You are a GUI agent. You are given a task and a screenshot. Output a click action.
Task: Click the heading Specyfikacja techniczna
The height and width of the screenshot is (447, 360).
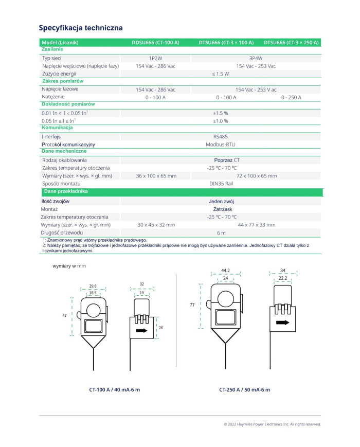[x=81, y=27]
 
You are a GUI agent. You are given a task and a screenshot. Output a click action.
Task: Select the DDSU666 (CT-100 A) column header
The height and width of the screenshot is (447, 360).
[x=155, y=42]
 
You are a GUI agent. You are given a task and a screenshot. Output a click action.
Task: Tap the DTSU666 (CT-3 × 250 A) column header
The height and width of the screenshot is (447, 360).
[x=291, y=42]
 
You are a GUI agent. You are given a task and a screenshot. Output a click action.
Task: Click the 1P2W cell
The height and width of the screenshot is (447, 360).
[x=155, y=58]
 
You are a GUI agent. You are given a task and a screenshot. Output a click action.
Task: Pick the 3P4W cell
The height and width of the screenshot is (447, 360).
[x=256, y=58]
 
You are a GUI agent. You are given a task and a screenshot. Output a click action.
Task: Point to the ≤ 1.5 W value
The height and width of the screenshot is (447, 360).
[x=221, y=74]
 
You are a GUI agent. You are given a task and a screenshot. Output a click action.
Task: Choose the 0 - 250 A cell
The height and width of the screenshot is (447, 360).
[x=291, y=97]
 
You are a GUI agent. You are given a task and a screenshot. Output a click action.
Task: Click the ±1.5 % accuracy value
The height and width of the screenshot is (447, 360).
[x=221, y=113]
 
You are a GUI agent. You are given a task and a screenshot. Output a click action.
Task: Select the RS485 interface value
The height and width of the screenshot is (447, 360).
[x=221, y=137]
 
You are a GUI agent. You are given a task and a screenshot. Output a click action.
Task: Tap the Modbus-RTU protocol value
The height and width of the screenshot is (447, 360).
[x=221, y=145]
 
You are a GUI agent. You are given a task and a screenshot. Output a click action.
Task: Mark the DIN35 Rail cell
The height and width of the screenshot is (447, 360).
[x=221, y=184]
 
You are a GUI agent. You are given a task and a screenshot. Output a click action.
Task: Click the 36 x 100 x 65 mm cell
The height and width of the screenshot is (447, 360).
[x=156, y=176]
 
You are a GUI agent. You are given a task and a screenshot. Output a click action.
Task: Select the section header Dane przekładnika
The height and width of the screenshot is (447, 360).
[x=66, y=191]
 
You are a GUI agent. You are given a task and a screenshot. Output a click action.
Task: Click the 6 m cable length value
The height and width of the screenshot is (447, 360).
[x=221, y=233]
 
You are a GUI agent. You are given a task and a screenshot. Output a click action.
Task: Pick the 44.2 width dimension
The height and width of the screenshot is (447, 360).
[x=225, y=270]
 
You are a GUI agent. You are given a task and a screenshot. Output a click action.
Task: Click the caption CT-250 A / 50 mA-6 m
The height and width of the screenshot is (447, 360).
[x=244, y=389]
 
